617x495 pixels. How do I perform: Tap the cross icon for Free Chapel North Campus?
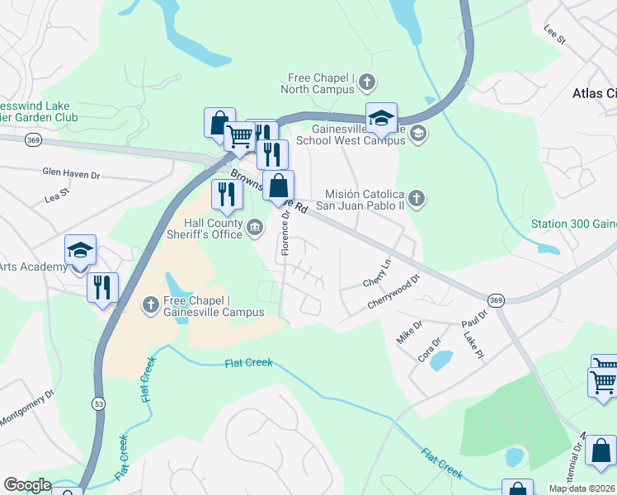click(x=367, y=81)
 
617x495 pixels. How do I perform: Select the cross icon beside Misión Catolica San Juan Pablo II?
click(x=417, y=198)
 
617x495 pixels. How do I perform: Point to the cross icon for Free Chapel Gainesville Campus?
click(x=150, y=305)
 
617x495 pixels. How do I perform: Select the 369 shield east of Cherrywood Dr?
click(x=495, y=300)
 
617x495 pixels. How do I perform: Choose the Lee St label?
click(x=554, y=34)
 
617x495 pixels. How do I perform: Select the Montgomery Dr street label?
click(x=26, y=404)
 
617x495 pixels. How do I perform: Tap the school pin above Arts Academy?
click(x=81, y=251)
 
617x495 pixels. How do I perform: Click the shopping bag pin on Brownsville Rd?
click(x=278, y=186)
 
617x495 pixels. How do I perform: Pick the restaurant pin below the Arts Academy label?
click(x=103, y=287)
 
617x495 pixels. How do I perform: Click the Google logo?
click(x=27, y=485)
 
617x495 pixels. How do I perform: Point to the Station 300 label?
click(x=572, y=224)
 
